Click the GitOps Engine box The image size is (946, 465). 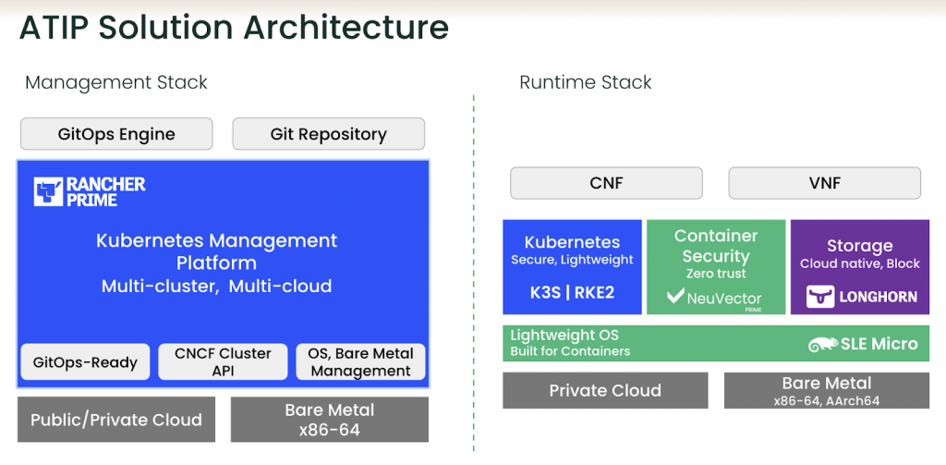click(116, 133)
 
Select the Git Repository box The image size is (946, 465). click(328, 133)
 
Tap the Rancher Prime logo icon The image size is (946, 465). click(48, 191)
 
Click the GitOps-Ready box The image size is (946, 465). click(85, 361)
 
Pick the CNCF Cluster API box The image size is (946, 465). click(223, 361)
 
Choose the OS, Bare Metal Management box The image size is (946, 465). click(361, 361)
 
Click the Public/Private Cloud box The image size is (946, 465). click(116, 419)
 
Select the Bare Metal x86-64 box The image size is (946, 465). click(330, 419)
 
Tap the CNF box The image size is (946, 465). click(606, 183)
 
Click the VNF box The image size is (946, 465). click(825, 183)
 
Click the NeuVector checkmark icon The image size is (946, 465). click(675, 297)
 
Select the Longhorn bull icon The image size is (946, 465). click(820, 297)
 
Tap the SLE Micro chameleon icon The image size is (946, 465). click(823, 344)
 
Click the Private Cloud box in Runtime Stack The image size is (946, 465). click(605, 390)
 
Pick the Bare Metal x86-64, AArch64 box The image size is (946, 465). click(827, 390)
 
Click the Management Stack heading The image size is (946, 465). click(115, 82)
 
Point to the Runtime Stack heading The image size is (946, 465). click(585, 82)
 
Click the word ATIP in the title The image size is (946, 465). click(55, 28)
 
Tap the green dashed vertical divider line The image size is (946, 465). click(474, 273)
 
